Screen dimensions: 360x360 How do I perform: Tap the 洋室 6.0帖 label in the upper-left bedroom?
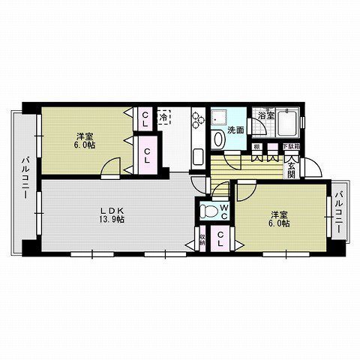tap(85, 140)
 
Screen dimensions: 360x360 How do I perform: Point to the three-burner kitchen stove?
tap(199, 120)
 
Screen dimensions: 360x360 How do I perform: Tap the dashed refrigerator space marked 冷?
tap(163, 118)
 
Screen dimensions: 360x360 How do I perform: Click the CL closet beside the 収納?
tap(221, 240)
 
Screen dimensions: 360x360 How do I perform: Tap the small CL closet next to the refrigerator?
tap(145, 118)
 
